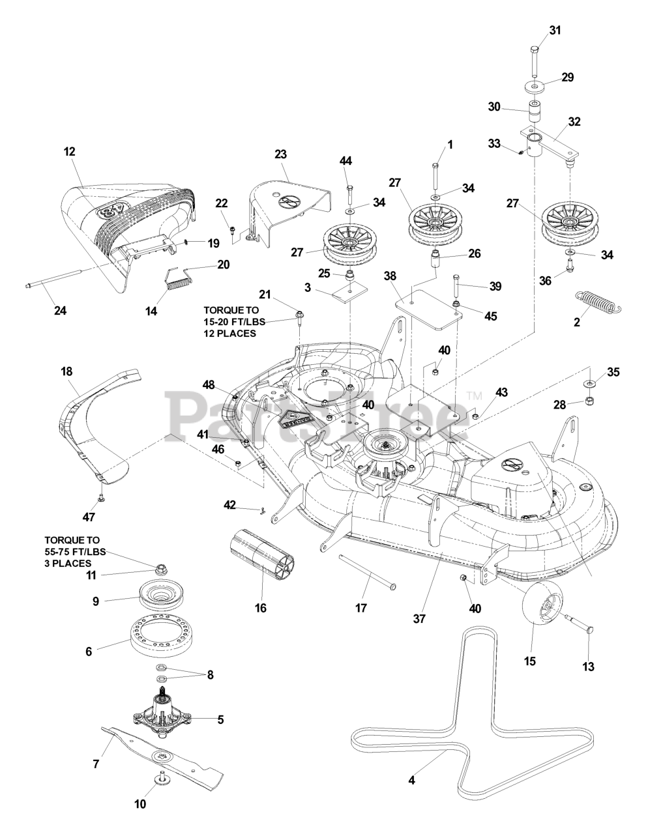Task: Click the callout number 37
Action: pyautogui.click(x=419, y=618)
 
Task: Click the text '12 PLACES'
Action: pyautogui.click(x=230, y=334)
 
